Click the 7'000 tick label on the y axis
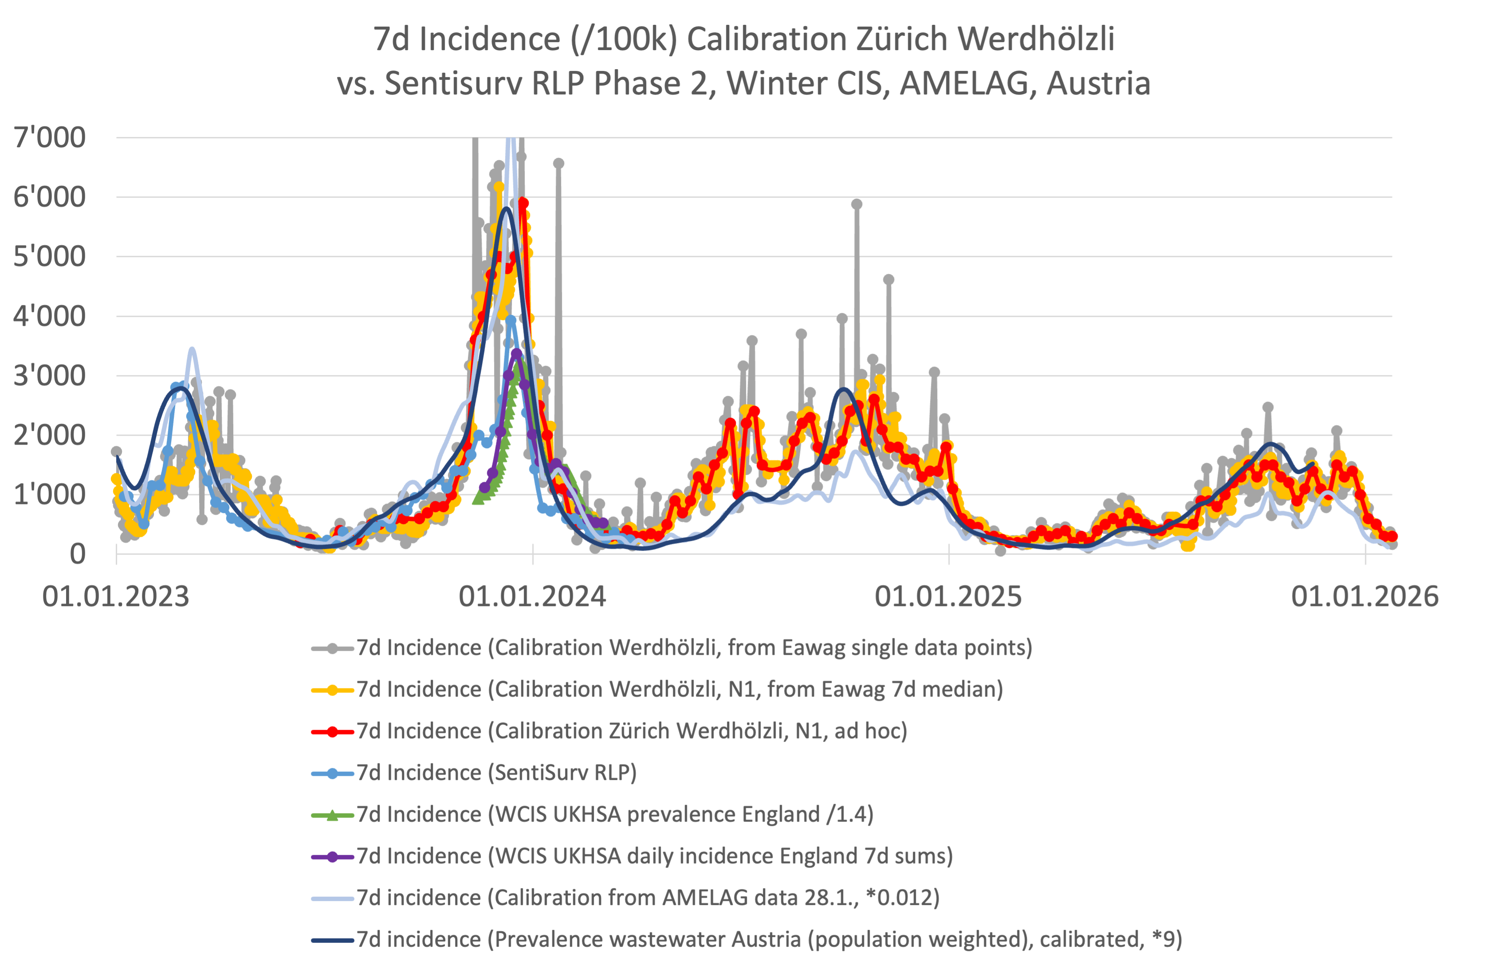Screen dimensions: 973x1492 [x=50, y=137]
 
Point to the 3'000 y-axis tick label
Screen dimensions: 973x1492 [x=50, y=375]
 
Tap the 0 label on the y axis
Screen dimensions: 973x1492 [x=77, y=554]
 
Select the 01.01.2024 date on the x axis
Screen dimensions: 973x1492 [x=532, y=596]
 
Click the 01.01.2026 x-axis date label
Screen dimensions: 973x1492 [x=1365, y=596]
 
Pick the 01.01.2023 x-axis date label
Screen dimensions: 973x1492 [x=116, y=596]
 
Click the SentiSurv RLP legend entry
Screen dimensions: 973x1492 [x=496, y=773]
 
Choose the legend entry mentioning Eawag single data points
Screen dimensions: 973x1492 [x=694, y=647]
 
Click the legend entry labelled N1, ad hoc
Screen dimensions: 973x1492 [x=632, y=731]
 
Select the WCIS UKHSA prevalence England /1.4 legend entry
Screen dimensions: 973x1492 [x=614, y=814]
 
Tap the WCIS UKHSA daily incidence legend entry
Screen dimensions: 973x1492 [x=655, y=856]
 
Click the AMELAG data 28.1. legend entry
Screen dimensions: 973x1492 [x=648, y=898]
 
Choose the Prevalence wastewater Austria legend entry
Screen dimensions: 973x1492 [x=769, y=939]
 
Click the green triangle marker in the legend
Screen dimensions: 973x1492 [x=332, y=814]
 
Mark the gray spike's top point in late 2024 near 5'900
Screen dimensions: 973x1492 [x=856, y=204]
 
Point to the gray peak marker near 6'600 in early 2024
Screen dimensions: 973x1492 [x=558, y=164]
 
